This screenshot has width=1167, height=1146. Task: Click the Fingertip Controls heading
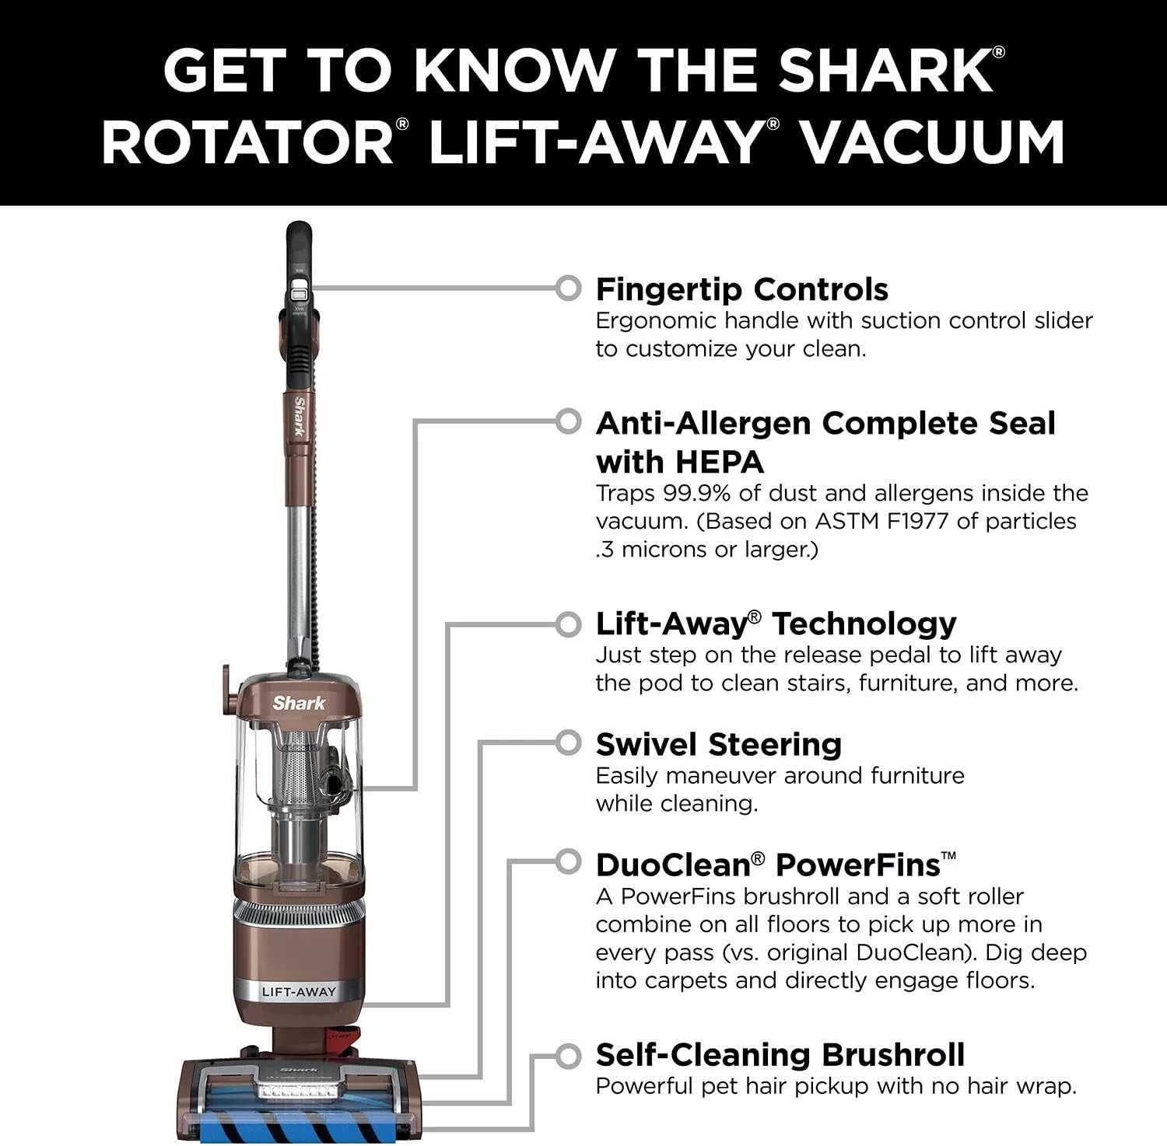pyautogui.click(x=741, y=289)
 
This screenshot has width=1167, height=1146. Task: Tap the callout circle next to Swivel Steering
pyautogui.click(x=569, y=743)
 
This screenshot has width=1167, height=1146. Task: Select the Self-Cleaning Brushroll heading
pyautogui.click(x=780, y=1054)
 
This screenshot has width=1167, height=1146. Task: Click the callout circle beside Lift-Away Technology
pyautogui.click(x=569, y=624)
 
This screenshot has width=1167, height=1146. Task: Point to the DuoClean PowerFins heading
pyautogui.click(x=775, y=865)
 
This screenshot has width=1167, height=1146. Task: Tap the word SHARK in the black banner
pyautogui.click(x=885, y=70)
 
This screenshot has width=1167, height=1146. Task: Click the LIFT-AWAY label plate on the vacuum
pyautogui.click(x=299, y=991)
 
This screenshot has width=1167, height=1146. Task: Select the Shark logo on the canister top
pyautogui.click(x=299, y=703)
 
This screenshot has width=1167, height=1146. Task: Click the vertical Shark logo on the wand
pyautogui.click(x=298, y=417)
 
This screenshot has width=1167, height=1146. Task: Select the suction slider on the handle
pyautogui.click(x=298, y=295)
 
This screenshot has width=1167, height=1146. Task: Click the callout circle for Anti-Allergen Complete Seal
pyautogui.click(x=569, y=421)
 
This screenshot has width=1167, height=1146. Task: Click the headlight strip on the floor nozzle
pyautogui.click(x=300, y=1091)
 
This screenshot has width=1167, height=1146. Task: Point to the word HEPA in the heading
pyautogui.click(x=719, y=462)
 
